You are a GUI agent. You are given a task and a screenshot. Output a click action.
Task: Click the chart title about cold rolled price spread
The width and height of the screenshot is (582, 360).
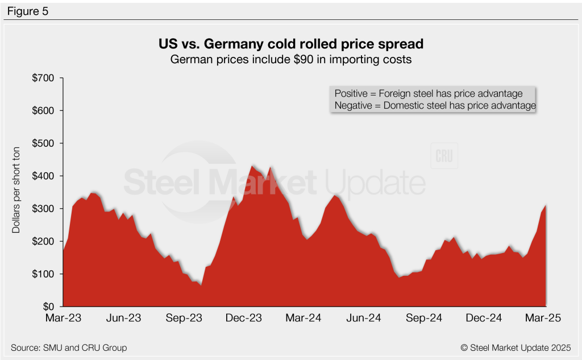tap(290, 44)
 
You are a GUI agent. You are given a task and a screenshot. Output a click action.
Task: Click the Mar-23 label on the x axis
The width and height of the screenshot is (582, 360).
tap(63, 318)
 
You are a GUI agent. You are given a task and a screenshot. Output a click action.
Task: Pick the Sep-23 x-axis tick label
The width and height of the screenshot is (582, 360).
tap(184, 318)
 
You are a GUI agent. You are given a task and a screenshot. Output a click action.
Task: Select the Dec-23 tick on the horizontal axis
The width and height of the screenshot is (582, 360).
tap(244, 318)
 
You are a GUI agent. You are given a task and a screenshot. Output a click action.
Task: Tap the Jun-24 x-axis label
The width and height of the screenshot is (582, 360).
tap(364, 318)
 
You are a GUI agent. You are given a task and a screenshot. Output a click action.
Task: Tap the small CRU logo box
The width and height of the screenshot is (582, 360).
tap(444, 157)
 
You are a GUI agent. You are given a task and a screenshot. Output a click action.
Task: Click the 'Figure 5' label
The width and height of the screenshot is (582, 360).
tap(27, 11)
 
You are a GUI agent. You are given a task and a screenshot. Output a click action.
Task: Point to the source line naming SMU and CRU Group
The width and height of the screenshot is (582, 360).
tap(69, 347)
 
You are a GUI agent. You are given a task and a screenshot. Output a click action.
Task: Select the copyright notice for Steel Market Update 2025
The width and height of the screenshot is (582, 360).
tap(515, 347)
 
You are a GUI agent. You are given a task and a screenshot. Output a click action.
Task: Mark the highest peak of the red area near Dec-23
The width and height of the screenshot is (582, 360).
tap(252, 165)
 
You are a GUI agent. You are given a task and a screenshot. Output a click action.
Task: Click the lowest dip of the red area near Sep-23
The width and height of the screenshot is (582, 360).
tap(201, 285)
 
